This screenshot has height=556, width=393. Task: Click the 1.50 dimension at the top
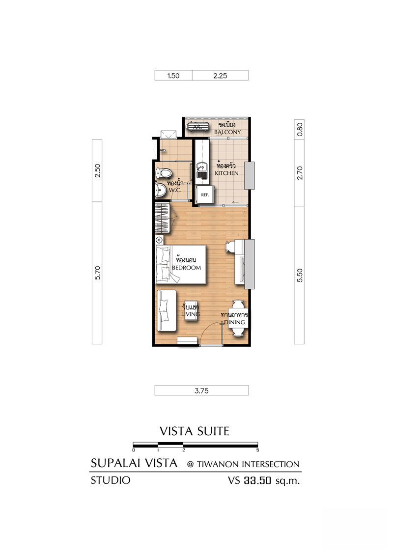(x=173, y=76)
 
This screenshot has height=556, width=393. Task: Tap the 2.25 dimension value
(x=220, y=76)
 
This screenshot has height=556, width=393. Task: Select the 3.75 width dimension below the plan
(x=201, y=391)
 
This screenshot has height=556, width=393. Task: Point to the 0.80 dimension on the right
(x=300, y=130)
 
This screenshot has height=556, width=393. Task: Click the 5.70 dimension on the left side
(x=98, y=273)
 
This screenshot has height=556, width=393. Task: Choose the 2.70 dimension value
(x=300, y=173)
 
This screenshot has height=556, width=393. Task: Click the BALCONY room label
(x=227, y=132)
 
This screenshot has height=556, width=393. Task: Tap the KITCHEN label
(x=226, y=173)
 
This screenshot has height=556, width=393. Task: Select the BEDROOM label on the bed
(x=186, y=268)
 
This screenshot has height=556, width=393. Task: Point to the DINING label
(x=234, y=322)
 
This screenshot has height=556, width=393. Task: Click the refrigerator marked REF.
(x=205, y=195)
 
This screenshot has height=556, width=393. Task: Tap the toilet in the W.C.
(x=163, y=173)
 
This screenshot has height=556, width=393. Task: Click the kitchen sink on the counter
(x=202, y=171)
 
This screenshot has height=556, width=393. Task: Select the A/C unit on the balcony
(x=197, y=127)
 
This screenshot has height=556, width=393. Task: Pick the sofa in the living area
(x=167, y=310)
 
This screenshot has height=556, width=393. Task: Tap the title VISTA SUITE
(x=195, y=431)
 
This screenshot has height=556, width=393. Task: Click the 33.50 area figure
(x=257, y=480)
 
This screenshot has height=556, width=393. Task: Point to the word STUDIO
(x=111, y=480)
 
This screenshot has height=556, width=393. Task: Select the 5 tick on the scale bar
(x=257, y=450)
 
